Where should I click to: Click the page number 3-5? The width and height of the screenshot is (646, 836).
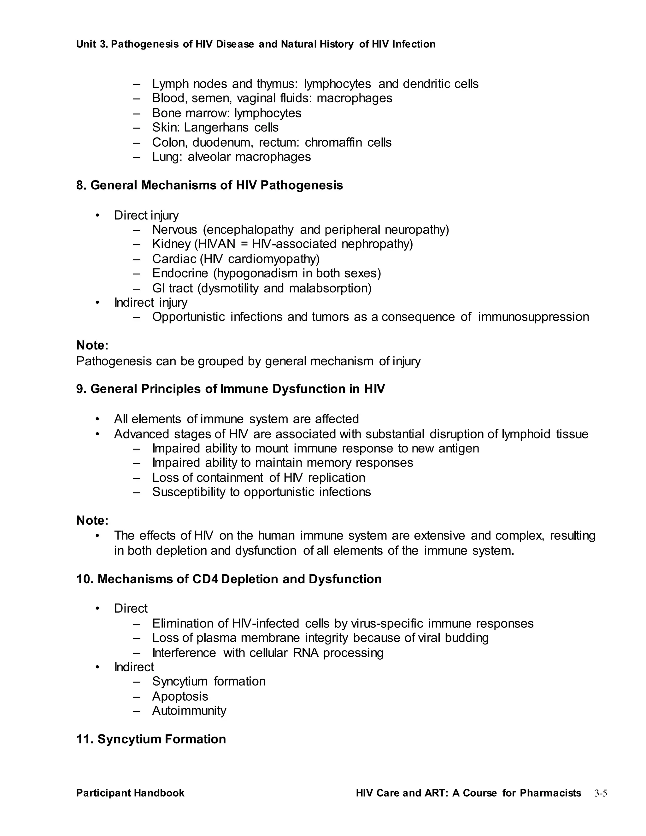point(601,793)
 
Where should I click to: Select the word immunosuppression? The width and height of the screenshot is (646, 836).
point(533,317)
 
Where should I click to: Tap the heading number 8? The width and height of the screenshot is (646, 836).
point(81,185)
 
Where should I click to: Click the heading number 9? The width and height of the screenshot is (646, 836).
point(81,389)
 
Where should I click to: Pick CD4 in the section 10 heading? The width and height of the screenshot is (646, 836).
point(205,579)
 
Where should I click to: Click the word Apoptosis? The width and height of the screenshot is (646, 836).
point(180,696)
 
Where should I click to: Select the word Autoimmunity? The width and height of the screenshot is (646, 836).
point(189,710)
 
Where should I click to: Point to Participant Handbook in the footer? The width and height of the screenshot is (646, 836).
point(130,793)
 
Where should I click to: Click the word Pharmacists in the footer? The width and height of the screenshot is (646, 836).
point(550,793)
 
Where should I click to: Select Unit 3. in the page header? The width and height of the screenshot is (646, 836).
point(93,44)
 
